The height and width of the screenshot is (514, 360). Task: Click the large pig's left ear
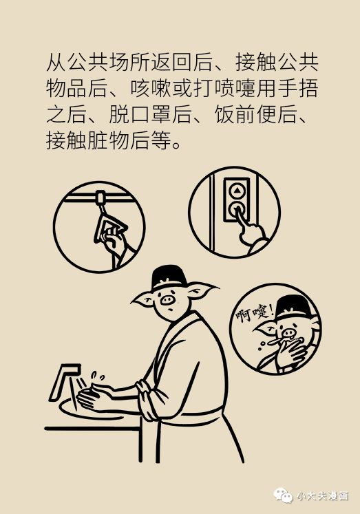coord(142,298)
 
